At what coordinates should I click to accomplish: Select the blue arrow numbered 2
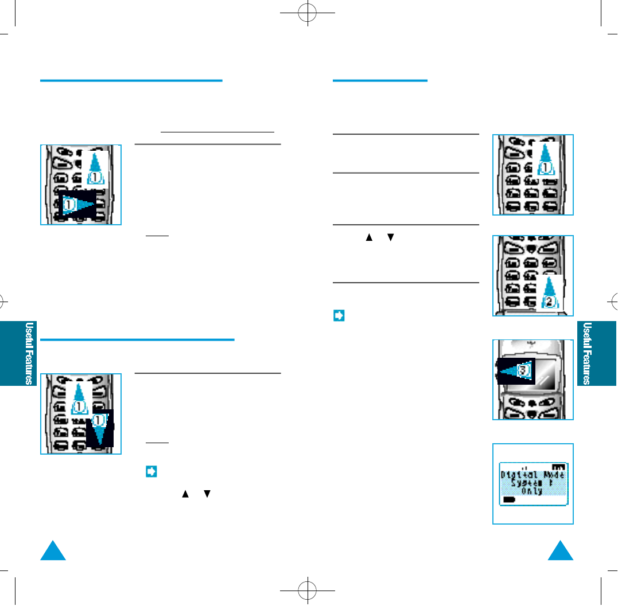tap(549, 292)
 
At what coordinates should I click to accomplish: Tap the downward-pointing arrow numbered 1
tap(100, 427)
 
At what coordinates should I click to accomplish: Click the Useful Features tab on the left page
tap(19, 353)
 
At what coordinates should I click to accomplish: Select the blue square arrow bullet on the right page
tap(339, 316)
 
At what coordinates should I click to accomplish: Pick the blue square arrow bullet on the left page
tap(150, 471)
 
